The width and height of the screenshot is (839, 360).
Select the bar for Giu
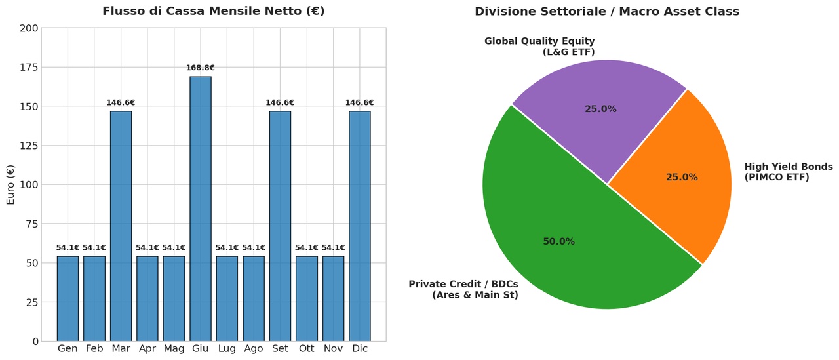(x=201, y=209)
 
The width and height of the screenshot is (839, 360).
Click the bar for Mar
(x=121, y=226)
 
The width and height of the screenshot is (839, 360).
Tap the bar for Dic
(x=360, y=226)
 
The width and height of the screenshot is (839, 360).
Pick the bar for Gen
(x=68, y=298)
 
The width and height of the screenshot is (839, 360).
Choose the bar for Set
(x=280, y=226)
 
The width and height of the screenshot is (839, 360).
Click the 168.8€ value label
(x=201, y=68)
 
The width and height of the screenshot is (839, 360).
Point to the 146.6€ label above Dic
(x=360, y=103)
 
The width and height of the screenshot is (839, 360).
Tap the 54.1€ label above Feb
(x=94, y=248)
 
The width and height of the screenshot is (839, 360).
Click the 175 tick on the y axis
(x=29, y=68)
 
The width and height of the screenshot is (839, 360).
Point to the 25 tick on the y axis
(x=32, y=302)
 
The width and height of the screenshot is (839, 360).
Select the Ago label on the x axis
(x=254, y=349)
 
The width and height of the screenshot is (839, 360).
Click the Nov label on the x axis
(x=333, y=349)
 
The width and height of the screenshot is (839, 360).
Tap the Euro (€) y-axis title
(x=10, y=185)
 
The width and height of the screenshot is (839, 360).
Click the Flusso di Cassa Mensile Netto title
(x=214, y=11)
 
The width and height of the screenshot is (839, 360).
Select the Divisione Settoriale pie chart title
(x=607, y=12)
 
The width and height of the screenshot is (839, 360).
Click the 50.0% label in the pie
(x=559, y=241)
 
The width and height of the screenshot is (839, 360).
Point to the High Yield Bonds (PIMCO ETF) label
(x=789, y=172)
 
